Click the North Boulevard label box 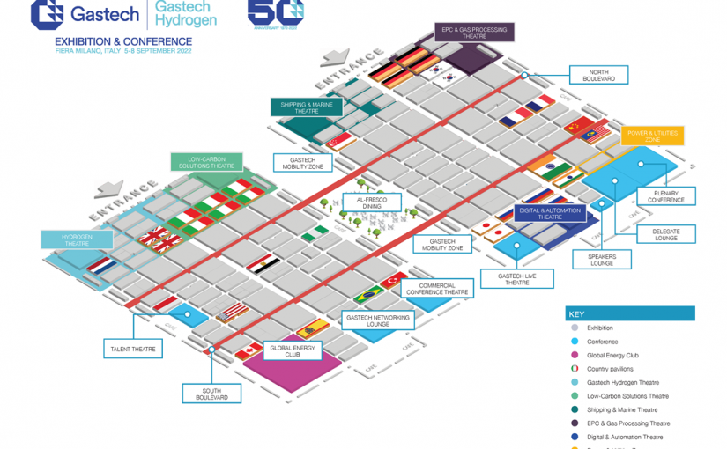(x=597, y=75)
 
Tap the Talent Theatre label (x=132, y=350)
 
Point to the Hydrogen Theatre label (x=77, y=239)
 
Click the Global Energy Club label (x=286, y=350)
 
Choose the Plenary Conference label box (x=665, y=195)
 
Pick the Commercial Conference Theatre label (x=436, y=290)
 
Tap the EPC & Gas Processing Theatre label (x=474, y=33)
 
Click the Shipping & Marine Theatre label (x=300, y=107)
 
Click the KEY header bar (x=629, y=313)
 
